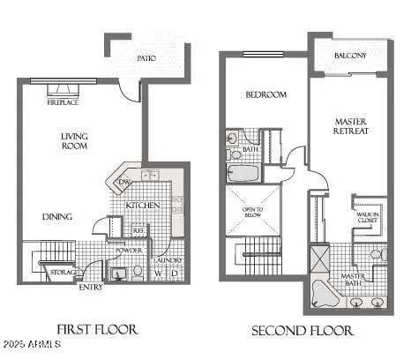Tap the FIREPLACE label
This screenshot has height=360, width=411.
click(64, 102)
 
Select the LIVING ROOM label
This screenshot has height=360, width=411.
click(74, 141)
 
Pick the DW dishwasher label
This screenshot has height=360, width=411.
click(124, 183)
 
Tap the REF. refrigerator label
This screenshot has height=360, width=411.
click(138, 231)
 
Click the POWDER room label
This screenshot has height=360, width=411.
click(129, 251)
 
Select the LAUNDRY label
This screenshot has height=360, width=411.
click(167, 260)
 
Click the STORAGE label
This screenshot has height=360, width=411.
click(62, 272)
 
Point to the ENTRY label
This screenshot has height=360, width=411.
click(90, 287)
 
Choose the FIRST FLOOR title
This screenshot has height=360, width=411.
click(97, 330)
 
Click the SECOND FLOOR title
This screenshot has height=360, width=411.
click(303, 331)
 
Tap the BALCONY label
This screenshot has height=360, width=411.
click(350, 56)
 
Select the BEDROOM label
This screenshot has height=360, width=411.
click(265, 94)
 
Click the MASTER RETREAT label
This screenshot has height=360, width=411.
click(350, 125)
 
